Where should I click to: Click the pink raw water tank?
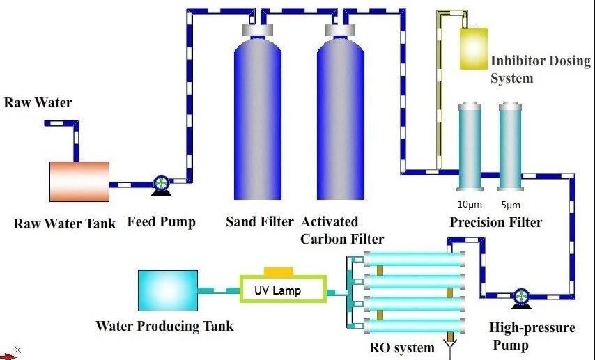(x=79, y=181)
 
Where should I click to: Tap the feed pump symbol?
(x=161, y=185)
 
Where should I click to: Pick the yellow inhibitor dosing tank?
(x=474, y=48)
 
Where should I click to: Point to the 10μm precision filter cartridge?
(x=470, y=147)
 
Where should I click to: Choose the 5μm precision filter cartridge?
(x=511, y=147)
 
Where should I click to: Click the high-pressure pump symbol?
(x=521, y=297)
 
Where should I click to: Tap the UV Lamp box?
(x=283, y=289)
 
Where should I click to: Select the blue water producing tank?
(x=168, y=290)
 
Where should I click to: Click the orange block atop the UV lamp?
(x=279, y=272)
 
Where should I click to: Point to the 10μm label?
(x=470, y=205)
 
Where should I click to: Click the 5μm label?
(x=511, y=205)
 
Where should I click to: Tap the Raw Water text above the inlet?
(x=38, y=102)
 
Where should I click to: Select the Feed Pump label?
(x=161, y=221)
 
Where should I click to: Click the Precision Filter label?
(x=495, y=222)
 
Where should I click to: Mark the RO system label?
(x=402, y=347)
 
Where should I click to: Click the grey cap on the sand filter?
(x=258, y=29)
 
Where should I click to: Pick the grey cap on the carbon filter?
(x=341, y=29)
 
